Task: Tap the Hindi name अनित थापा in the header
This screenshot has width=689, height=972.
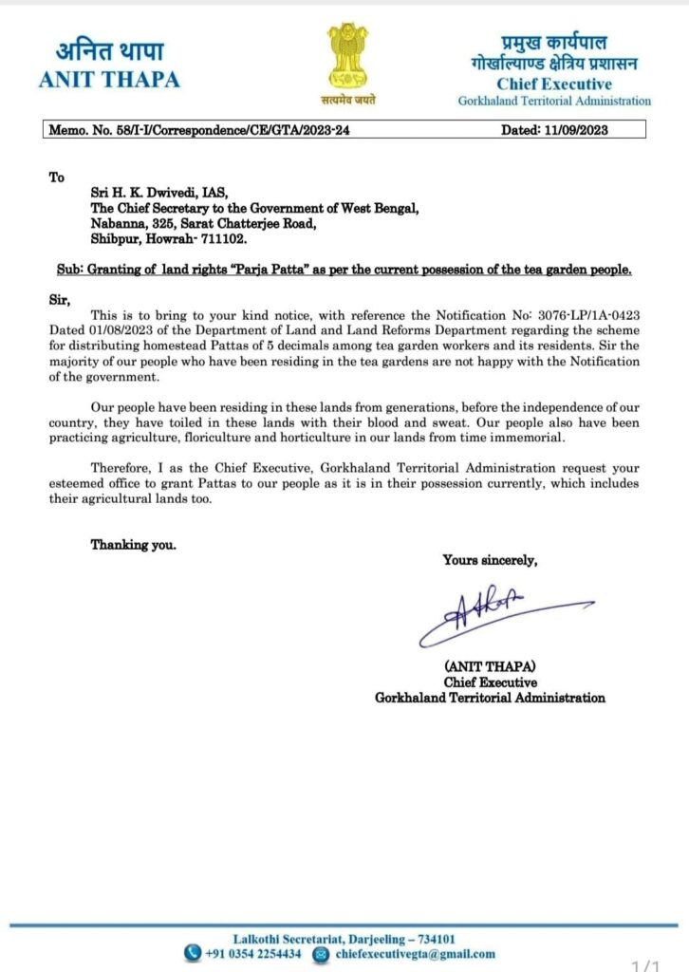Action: pyautogui.click(x=108, y=50)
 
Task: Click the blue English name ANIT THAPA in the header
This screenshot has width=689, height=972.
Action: pyautogui.click(x=108, y=80)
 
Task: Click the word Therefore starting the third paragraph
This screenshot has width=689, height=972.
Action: pyautogui.click(x=123, y=468)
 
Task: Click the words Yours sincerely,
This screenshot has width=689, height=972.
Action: pyautogui.click(x=490, y=560)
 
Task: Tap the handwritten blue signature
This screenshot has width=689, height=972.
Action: pyautogui.click(x=493, y=612)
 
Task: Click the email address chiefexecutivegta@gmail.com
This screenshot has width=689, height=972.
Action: pyautogui.click(x=416, y=954)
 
